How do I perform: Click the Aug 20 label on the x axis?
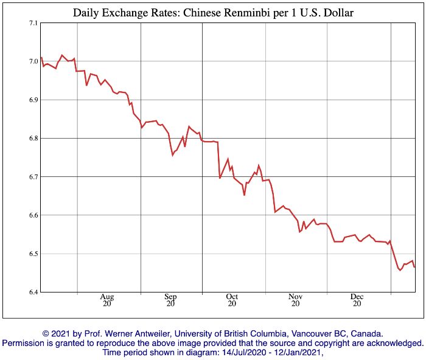click(x=108, y=300)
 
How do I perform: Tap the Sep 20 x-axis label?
click(x=171, y=300)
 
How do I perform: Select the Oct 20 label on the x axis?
click(x=232, y=300)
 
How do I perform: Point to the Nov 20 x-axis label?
click(x=295, y=300)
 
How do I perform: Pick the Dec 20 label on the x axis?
click(x=357, y=300)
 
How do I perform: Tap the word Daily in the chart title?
click(x=86, y=13)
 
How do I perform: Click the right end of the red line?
click(x=415, y=267)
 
